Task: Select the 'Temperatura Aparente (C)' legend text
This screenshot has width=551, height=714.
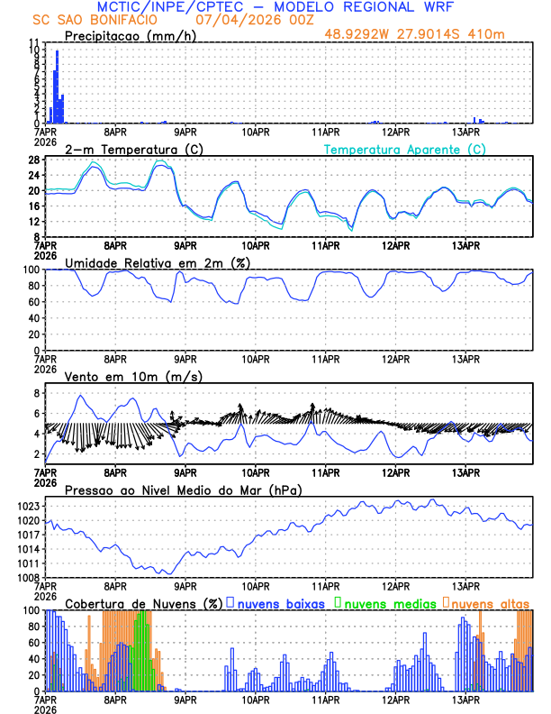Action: (x=405, y=149)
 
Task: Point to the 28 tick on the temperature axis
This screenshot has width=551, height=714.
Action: (x=33, y=160)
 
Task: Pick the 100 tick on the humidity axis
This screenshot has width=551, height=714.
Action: (x=30, y=270)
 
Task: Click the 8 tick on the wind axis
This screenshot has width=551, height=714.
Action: (x=37, y=393)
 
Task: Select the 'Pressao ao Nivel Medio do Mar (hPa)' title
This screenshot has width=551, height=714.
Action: (x=183, y=490)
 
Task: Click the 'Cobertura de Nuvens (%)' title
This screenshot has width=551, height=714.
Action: (x=142, y=602)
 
